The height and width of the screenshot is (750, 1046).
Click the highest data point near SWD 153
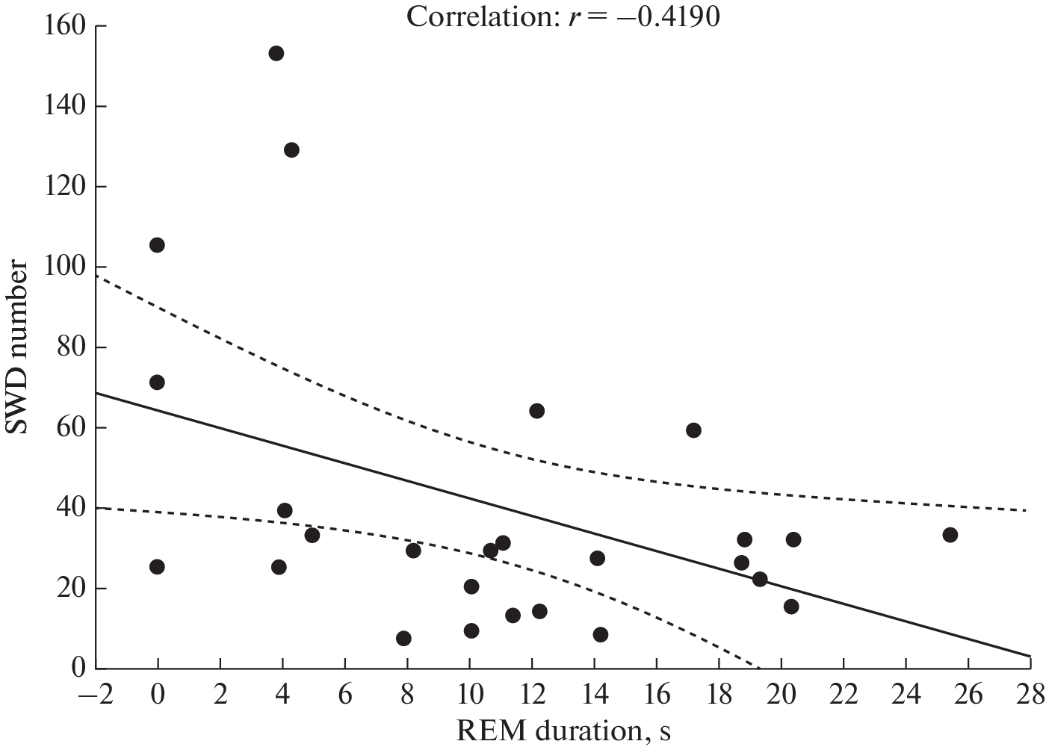click(276, 54)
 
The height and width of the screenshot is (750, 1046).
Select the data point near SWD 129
click(291, 150)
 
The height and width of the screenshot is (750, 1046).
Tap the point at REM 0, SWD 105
click(157, 245)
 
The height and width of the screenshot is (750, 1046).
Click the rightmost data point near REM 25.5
click(950, 535)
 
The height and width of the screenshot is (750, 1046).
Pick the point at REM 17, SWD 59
click(693, 430)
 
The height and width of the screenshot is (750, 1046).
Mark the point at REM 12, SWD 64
click(536, 411)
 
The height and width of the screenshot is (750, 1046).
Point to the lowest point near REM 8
click(403, 639)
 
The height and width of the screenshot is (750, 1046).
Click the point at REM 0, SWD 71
click(157, 382)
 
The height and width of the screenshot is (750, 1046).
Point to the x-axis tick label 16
click(656, 694)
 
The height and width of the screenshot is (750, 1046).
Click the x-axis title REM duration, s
click(563, 731)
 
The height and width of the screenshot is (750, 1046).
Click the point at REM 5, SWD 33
click(312, 535)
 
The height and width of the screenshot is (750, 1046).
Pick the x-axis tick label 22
click(843, 694)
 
